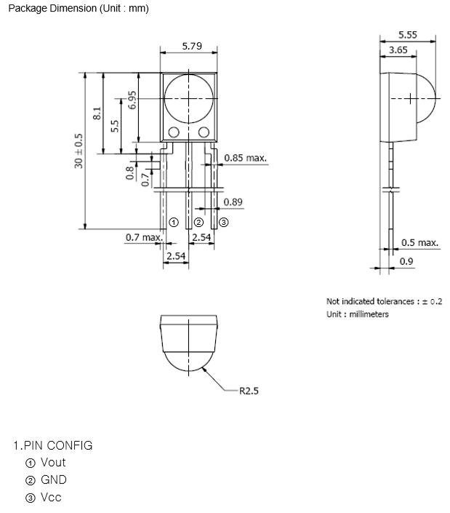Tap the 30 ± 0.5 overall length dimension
(79, 151)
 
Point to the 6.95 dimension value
(132, 100)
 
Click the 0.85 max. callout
(245, 157)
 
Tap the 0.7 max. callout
(143, 237)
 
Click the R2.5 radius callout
(249, 391)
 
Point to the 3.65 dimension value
(398, 50)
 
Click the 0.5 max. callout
(419, 242)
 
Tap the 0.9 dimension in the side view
(406, 261)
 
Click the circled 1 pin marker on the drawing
(174, 222)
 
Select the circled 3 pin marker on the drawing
(223, 222)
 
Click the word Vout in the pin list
(53, 463)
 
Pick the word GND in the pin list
(53, 480)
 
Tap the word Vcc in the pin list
(51, 498)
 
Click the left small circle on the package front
(174, 132)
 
